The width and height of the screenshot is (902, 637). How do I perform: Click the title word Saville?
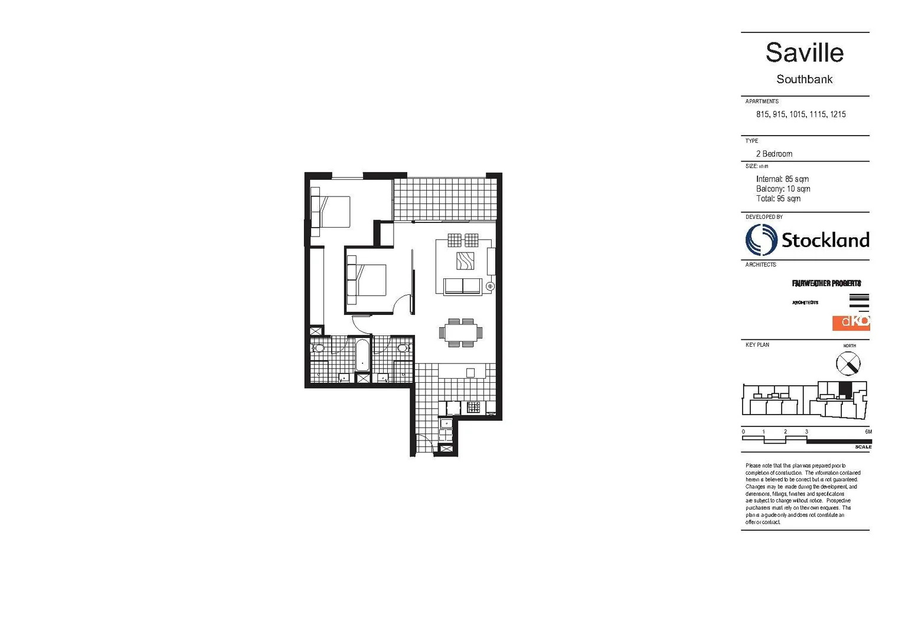[x=804, y=52]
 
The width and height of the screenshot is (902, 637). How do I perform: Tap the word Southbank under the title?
[x=804, y=79]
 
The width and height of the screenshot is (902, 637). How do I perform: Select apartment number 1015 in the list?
[x=797, y=114]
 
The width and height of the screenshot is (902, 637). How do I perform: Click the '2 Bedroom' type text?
[x=774, y=154]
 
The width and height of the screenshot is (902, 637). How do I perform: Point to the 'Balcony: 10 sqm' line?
[x=783, y=189]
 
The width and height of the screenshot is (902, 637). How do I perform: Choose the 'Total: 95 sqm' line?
[x=778, y=199]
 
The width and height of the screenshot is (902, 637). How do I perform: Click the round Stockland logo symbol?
[x=761, y=240]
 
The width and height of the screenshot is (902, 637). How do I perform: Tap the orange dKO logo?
[x=851, y=322]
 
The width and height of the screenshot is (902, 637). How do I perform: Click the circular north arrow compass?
[x=848, y=363]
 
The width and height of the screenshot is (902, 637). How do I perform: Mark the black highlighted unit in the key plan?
[x=845, y=389]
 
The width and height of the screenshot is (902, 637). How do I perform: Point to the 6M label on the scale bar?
[x=868, y=432]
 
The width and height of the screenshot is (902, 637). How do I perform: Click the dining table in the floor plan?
[x=460, y=333]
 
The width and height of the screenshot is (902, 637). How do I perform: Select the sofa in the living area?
[x=462, y=286]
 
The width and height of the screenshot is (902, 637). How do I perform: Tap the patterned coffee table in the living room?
[x=465, y=261]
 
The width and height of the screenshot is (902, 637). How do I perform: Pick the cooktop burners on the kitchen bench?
[x=473, y=407]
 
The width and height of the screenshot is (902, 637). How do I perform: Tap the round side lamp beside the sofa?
[x=489, y=286]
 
